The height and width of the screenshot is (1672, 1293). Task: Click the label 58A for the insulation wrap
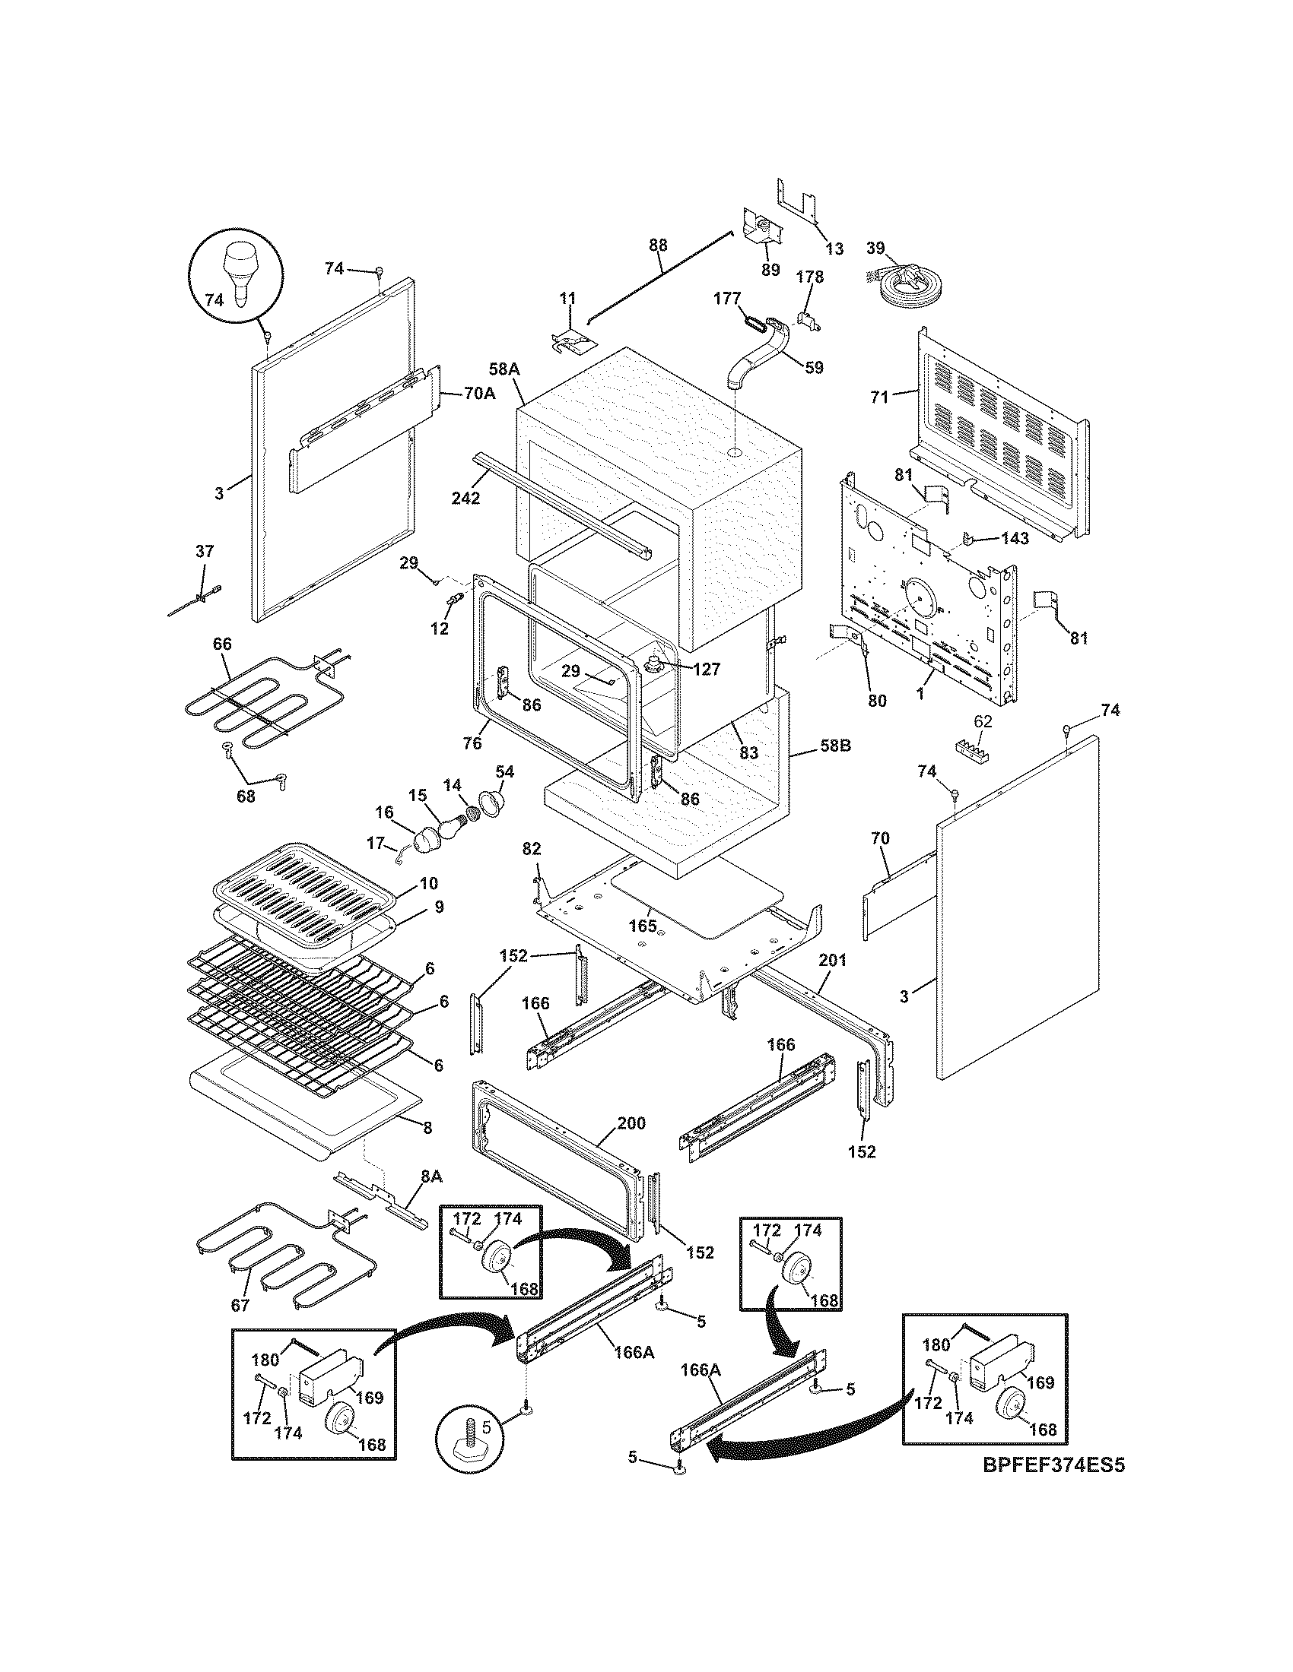tap(504, 370)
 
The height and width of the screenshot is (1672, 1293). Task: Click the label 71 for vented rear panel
tap(879, 397)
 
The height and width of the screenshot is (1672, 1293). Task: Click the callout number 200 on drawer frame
tap(631, 1124)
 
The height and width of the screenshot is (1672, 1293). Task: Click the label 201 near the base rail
tap(832, 960)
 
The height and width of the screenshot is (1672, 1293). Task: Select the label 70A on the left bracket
tap(478, 394)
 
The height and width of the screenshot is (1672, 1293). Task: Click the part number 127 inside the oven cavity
tap(706, 669)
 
